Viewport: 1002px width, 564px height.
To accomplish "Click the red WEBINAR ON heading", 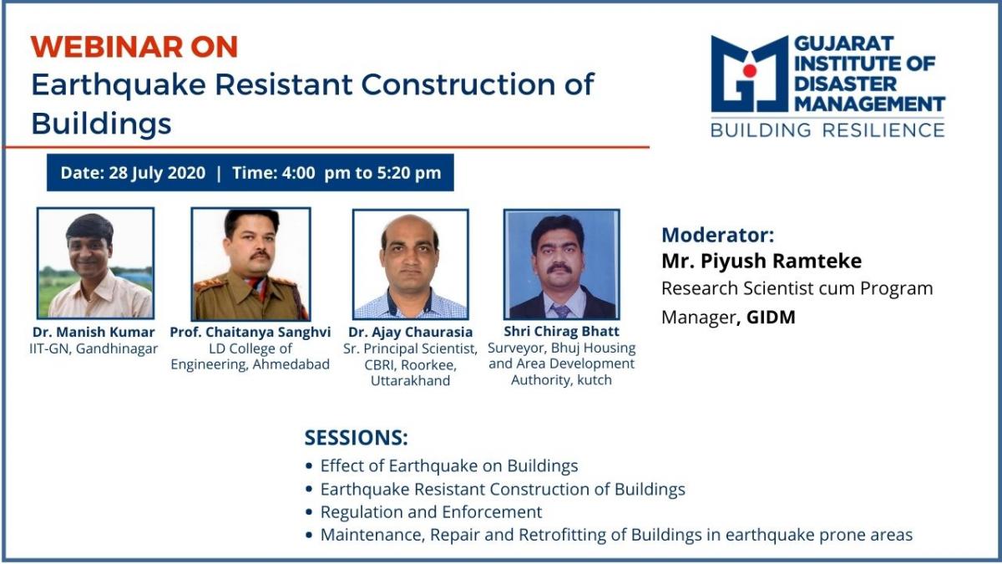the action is (x=134, y=47).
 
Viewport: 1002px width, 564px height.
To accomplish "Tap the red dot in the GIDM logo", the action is (x=749, y=70).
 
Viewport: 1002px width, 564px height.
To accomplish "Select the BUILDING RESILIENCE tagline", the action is (x=827, y=130).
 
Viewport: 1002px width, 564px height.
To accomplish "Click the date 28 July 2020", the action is (x=157, y=173).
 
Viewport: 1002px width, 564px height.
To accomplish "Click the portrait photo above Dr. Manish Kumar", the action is (x=96, y=263).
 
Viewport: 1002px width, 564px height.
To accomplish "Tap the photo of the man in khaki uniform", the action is (x=250, y=264).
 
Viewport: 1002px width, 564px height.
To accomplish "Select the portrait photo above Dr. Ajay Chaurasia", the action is (x=411, y=264).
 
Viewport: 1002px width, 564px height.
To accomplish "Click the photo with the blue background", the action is (x=562, y=264).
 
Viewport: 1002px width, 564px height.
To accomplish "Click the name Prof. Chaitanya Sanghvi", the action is (x=250, y=333).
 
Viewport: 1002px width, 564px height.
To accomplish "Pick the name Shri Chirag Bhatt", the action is (x=561, y=331).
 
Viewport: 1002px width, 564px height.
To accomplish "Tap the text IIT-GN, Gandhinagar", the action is (x=94, y=348).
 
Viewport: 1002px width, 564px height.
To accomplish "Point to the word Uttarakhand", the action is (x=411, y=381).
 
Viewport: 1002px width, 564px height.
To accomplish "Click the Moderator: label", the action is (x=718, y=235).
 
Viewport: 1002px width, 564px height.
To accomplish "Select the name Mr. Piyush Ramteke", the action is (x=762, y=261).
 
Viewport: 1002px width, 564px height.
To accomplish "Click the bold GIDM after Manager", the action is (x=772, y=318).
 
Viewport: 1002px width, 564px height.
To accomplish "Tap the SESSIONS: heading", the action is (x=356, y=437).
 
